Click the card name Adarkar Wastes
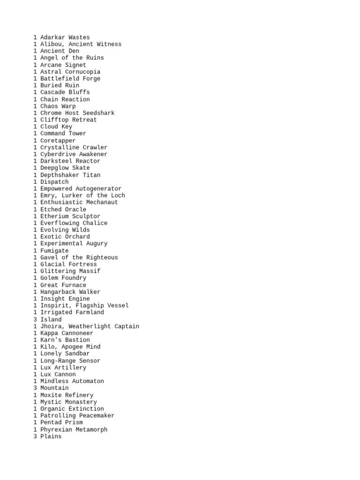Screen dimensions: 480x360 coord(65,37)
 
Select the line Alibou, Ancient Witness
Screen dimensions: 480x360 coord(81,44)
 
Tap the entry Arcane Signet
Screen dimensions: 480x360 coord(63,65)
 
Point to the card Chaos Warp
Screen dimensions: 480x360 coord(58,106)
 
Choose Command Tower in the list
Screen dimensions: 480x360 coord(63,134)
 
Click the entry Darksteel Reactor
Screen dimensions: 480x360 coord(70,161)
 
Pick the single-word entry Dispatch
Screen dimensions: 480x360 coord(54,182)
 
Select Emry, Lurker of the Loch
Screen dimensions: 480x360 coord(82,195)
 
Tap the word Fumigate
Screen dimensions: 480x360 coord(54,251)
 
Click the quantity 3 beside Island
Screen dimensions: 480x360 coord(35,320)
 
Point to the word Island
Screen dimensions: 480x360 coord(51,320)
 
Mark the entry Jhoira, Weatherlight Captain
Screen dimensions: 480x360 coord(90,326)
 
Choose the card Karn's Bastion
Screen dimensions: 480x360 coord(65,340)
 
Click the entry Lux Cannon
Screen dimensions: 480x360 coord(58,375)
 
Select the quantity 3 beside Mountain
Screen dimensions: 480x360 coord(35,388)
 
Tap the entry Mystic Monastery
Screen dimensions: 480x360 coord(68,402)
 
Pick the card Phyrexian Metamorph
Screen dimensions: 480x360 coord(74,429)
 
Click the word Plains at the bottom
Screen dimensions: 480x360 coord(51,436)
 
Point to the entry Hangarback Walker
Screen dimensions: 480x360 coord(70,292)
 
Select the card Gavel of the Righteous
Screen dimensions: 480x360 coord(79,257)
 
